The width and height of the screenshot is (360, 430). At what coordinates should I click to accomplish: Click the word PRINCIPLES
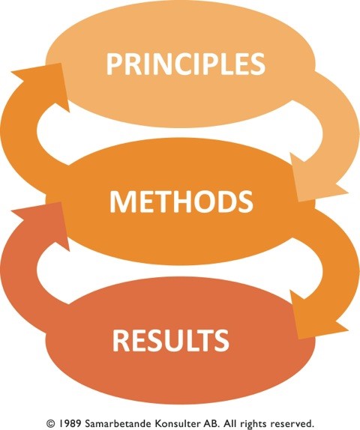point(186,64)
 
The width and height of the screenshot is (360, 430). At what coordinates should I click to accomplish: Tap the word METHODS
point(181,202)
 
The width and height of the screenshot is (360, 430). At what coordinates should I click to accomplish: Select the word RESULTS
point(170,340)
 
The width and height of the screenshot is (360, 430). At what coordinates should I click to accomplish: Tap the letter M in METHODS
point(121,202)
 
